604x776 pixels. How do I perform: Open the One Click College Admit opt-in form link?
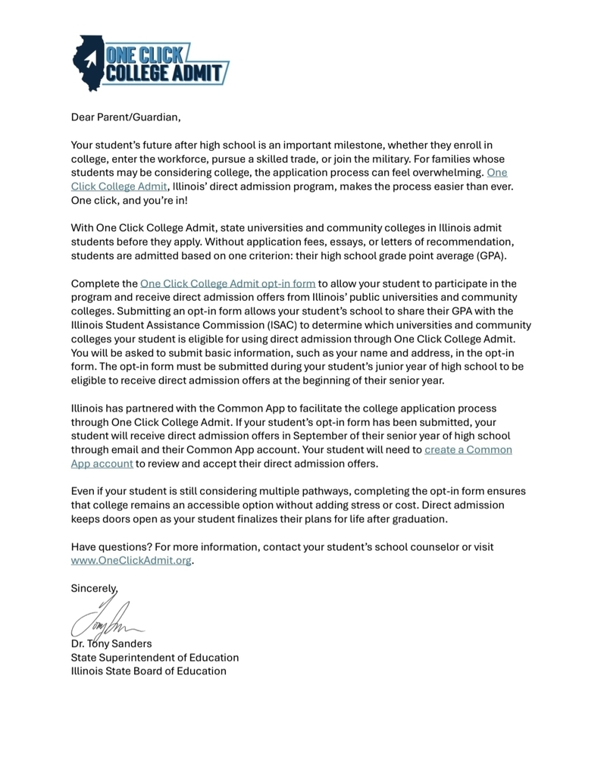(227, 283)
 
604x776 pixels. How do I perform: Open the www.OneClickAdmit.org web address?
(131, 561)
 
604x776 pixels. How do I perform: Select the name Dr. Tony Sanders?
(111, 643)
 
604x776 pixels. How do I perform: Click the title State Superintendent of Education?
(155, 657)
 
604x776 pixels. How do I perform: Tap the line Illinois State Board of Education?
(149, 671)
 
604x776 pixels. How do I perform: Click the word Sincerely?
(94, 588)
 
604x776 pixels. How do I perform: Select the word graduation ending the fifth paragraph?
(418, 519)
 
